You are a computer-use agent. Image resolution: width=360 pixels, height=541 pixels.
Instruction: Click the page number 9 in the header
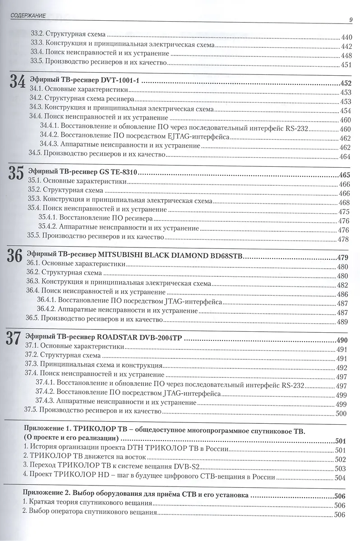point(351,18)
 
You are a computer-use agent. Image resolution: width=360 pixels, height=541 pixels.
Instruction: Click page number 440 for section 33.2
point(347,37)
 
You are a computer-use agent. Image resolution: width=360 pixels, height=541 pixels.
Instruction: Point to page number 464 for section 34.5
point(345,156)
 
